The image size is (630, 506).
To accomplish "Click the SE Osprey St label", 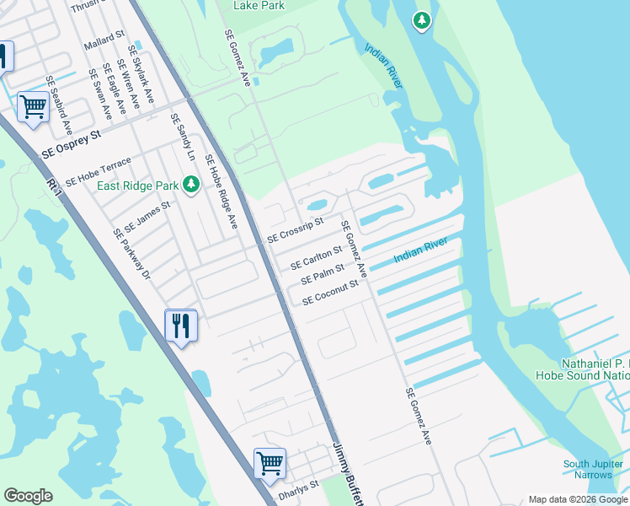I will (72, 145).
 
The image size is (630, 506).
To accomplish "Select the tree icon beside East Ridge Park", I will (191, 183).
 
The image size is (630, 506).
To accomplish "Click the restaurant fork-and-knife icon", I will (180, 326).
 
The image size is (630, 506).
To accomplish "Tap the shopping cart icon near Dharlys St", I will (270, 462).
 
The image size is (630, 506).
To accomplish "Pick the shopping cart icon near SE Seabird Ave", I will (33, 107).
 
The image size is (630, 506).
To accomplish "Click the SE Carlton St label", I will (317, 258).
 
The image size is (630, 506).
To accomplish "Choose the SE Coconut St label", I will (331, 292).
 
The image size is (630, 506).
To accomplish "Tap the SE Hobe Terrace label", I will (99, 171).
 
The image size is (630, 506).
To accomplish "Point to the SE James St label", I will (147, 218).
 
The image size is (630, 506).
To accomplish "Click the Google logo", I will (29, 496).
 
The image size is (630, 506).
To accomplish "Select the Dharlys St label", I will (299, 487).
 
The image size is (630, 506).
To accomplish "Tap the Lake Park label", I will (259, 6).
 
